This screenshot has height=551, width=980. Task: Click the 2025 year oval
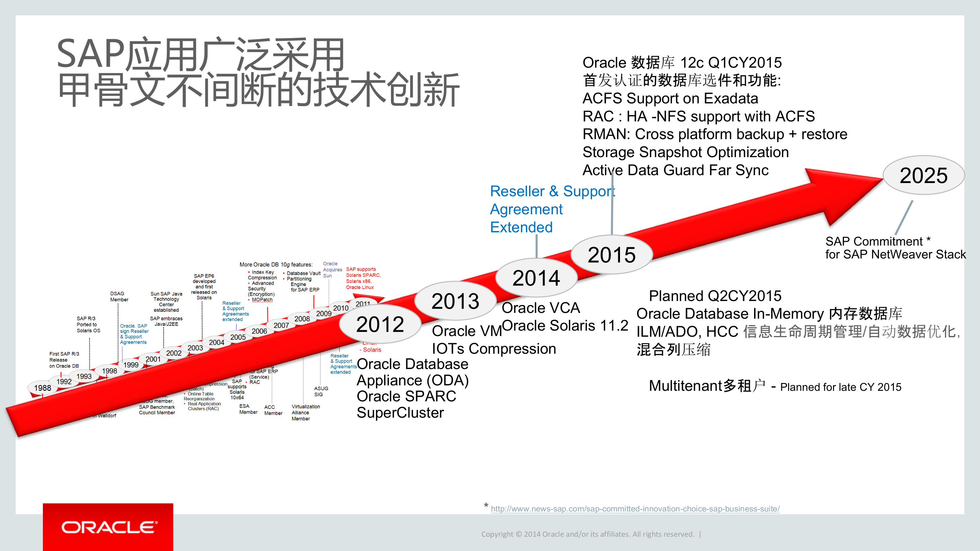(x=923, y=175)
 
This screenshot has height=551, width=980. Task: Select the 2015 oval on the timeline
(x=611, y=255)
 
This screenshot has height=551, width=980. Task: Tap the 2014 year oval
(x=536, y=278)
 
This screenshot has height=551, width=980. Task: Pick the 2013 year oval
(x=455, y=301)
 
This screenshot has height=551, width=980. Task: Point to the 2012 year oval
(x=380, y=324)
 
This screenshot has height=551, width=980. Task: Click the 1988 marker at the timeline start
(x=42, y=388)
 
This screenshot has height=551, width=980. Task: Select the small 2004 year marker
(x=216, y=342)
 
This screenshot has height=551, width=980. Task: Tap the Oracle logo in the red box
(x=108, y=527)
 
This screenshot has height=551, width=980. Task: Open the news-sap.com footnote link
(x=635, y=509)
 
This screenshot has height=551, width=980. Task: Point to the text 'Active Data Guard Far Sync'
(x=675, y=170)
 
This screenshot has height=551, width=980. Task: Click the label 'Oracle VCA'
(x=541, y=307)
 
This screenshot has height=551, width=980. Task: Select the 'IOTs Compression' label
(x=494, y=348)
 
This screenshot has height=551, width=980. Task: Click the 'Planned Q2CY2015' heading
(x=715, y=296)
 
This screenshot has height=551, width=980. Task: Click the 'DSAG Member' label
(x=119, y=297)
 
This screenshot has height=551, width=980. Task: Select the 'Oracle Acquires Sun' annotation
(x=332, y=270)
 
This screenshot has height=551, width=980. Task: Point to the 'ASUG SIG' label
(x=321, y=391)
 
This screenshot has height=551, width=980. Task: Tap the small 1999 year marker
(x=131, y=365)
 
